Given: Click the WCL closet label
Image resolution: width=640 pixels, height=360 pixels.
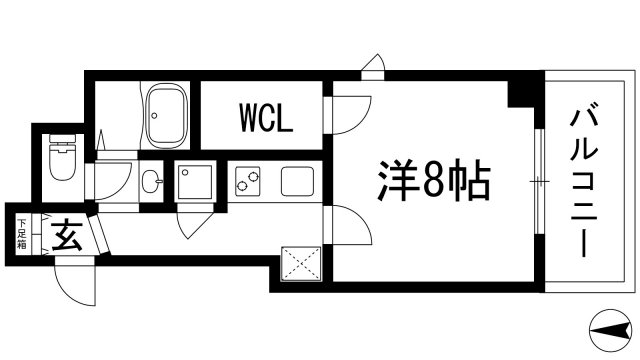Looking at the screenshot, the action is point(265,120).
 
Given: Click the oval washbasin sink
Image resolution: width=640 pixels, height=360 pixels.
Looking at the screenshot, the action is point(150,182).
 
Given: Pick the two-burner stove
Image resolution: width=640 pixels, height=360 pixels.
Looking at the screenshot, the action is point(246,182).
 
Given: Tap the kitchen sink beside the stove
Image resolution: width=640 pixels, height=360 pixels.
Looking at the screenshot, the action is point(297,182).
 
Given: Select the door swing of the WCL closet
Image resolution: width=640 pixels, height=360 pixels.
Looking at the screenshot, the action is point(345,113).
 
